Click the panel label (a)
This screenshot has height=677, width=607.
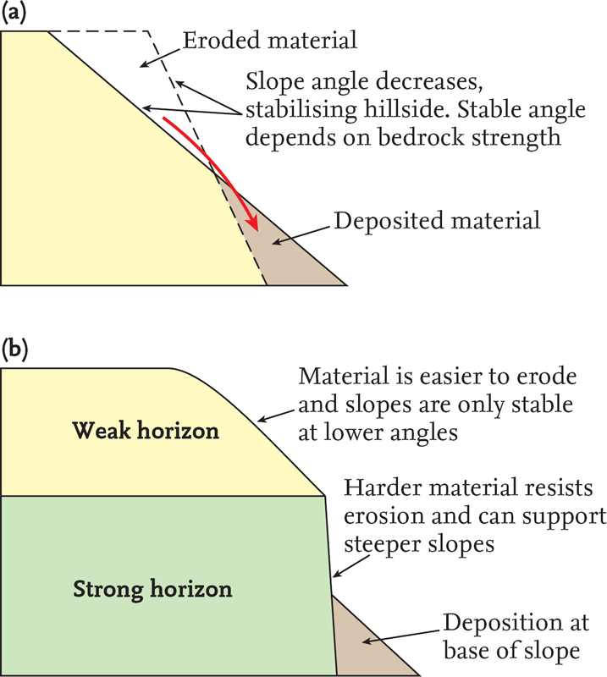[15, 14]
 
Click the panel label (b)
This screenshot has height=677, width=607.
[15, 350]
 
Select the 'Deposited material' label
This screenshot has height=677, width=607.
[437, 222]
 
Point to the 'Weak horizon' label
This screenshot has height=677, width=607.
[146, 431]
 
